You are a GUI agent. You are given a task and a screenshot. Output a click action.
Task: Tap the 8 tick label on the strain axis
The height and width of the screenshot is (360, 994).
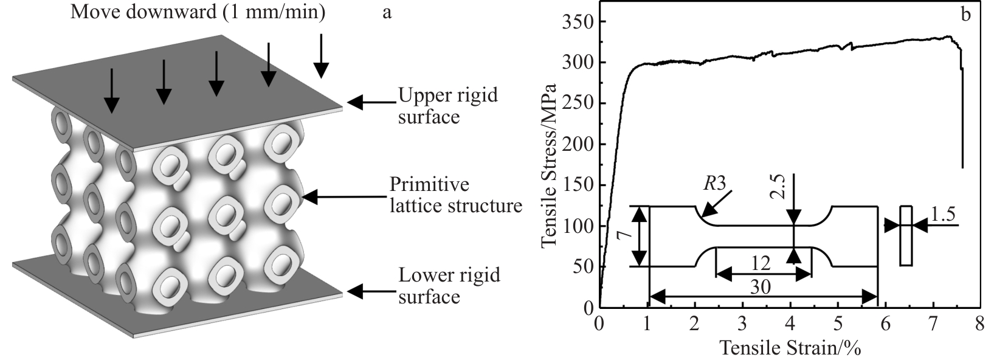tap(979, 322)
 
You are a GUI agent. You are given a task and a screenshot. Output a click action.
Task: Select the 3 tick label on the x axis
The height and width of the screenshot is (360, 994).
tap(742, 322)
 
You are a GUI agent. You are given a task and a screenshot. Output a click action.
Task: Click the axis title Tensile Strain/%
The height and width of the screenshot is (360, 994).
tap(790, 347)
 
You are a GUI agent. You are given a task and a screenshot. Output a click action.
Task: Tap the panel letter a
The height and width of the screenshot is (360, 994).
tap(387, 12)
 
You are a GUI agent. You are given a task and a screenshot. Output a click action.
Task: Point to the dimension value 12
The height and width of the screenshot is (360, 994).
tap(760, 263)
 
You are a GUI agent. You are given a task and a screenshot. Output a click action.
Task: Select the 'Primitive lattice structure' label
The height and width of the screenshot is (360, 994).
tap(456, 195)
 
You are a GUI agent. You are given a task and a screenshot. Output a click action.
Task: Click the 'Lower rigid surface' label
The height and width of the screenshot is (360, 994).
tap(449, 286)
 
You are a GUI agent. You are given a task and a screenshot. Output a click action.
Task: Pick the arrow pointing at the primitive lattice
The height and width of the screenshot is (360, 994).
tap(343, 196)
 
